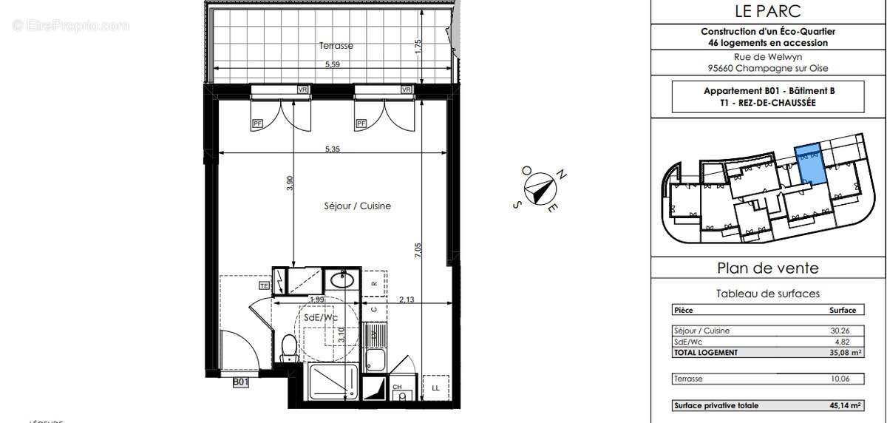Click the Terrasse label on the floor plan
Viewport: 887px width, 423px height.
336,46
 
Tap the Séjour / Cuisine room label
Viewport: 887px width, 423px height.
357,206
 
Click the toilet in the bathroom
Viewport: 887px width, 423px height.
290,348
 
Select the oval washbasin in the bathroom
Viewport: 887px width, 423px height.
341,280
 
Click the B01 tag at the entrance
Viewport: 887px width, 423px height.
240,382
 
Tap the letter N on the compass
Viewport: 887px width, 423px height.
562,175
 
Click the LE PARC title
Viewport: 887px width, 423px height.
768,11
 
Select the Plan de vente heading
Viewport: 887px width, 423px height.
768,268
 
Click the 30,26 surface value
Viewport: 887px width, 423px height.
843,331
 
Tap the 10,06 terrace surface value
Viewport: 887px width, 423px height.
843,379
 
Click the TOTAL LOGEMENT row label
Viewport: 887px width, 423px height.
706,353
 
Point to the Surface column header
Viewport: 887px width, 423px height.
843,311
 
